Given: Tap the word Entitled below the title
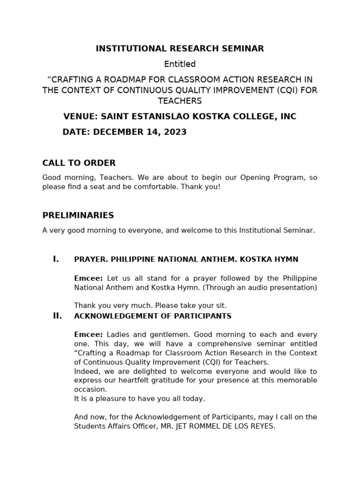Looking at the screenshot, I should click(180, 64).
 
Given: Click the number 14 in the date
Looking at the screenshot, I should click(150, 132).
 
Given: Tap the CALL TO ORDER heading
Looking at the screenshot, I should click(79, 163).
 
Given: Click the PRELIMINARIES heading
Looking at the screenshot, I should click(78, 216).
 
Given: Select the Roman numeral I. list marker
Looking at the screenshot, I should click(56, 259).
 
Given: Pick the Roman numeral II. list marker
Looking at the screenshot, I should click(57, 316).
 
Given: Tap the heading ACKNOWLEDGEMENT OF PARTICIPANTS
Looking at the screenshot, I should click(153, 316).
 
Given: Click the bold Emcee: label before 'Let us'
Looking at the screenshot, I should click(88, 278).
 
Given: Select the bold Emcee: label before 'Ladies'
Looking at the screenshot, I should click(88, 335).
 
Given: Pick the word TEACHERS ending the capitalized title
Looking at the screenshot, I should click(180, 101).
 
